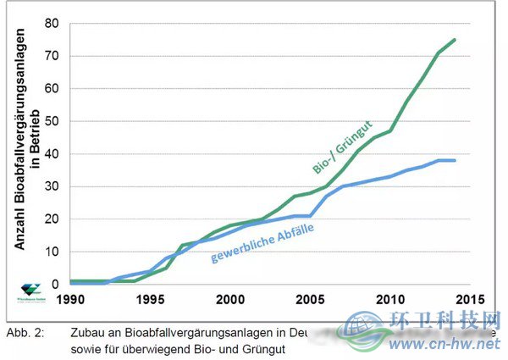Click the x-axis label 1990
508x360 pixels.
[x=69, y=299]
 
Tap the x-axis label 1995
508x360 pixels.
[x=150, y=299]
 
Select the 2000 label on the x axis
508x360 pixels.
[x=230, y=299]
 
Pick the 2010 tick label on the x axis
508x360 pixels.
[x=390, y=299]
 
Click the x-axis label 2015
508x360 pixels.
[x=470, y=299]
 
